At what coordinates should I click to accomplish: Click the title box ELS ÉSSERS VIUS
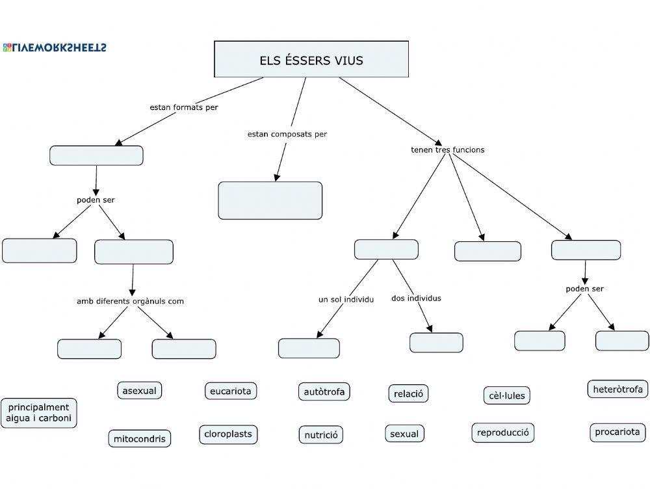tap(311, 60)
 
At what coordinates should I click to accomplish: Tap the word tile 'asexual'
tap(139, 391)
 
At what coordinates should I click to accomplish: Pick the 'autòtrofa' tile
tap(324, 391)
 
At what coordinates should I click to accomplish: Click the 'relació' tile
tap(408, 393)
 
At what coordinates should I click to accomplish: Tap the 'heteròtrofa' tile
tap(617, 390)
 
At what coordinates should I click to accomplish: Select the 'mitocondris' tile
tap(140, 439)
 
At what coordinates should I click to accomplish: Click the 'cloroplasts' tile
tap(228, 434)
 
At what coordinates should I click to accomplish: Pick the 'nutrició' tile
tap(321, 435)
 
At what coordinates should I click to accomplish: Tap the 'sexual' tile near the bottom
tap(404, 434)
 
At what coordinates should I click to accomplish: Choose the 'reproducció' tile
tap(502, 432)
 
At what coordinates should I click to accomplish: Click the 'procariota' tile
tap(617, 432)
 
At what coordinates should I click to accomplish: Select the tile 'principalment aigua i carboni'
tap(39, 413)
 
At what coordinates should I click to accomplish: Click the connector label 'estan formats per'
tap(184, 107)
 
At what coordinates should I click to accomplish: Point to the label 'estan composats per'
tap(287, 134)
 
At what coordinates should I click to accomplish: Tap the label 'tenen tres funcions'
tap(447, 150)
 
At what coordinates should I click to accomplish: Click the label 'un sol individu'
tap(346, 300)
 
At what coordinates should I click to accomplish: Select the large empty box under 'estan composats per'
tap(270, 200)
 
